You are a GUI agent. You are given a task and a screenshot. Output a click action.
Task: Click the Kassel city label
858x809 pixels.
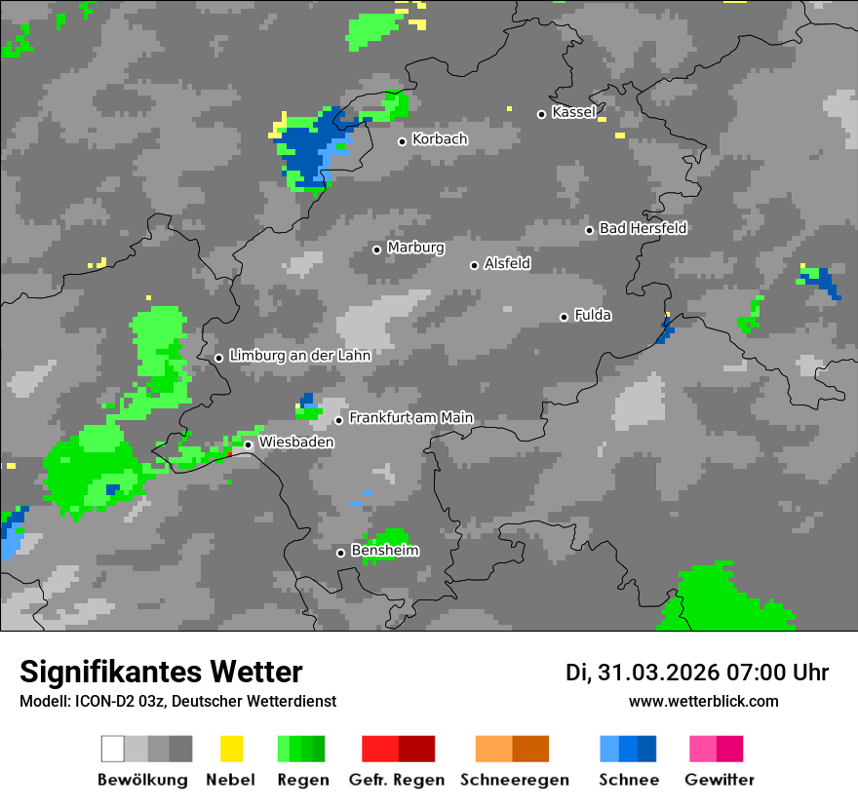pyautogui.click(x=573, y=112)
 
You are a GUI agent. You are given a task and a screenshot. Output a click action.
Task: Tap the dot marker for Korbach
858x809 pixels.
pyautogui.click(x=402, y=141)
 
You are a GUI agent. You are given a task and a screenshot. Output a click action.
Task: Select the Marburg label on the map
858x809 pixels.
pyautogui.click(x=415, y=248)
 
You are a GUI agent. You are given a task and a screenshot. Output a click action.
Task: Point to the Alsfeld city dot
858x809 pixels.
pyautogui.click(x=474, y=265)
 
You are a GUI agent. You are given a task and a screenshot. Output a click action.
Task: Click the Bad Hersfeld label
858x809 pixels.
pyautogui.click(x=643, y=228)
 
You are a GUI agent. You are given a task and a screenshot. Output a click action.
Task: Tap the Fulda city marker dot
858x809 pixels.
pyautogui.click(x=564, y=317)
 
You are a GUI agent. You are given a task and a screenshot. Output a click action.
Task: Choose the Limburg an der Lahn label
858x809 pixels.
pyautogui.click(x=299, y=356)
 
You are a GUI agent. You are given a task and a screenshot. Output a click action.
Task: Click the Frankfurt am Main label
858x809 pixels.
pyautogui.click(x=410, y=418)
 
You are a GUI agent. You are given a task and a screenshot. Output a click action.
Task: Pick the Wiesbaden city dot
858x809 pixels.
pyautogui.click(x=248, y=444)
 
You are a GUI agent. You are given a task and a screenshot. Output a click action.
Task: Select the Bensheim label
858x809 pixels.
pyautogui.click(x=385, y=551)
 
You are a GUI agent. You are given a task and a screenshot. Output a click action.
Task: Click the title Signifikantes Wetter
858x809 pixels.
pyautogui.click(x=161, y=672)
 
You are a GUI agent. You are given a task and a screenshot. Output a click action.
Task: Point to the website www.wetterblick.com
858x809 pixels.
pyautogui.click(x=703, y=701)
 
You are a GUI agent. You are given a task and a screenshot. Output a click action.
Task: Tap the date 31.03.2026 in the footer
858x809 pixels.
pyautogui.click(x=655, y=673)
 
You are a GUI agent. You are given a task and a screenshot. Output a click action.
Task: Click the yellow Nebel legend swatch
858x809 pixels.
pyautogui.click(x=231, y=749)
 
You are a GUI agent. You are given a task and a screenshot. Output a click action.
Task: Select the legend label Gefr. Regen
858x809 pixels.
pyautogui.click(x=396, y=780)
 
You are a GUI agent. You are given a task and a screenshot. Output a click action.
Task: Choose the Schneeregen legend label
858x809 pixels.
pyautogui.click(x=515, y=780)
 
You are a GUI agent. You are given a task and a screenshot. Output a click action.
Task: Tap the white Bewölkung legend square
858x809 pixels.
pyautogui.click(x=112, y=749)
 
